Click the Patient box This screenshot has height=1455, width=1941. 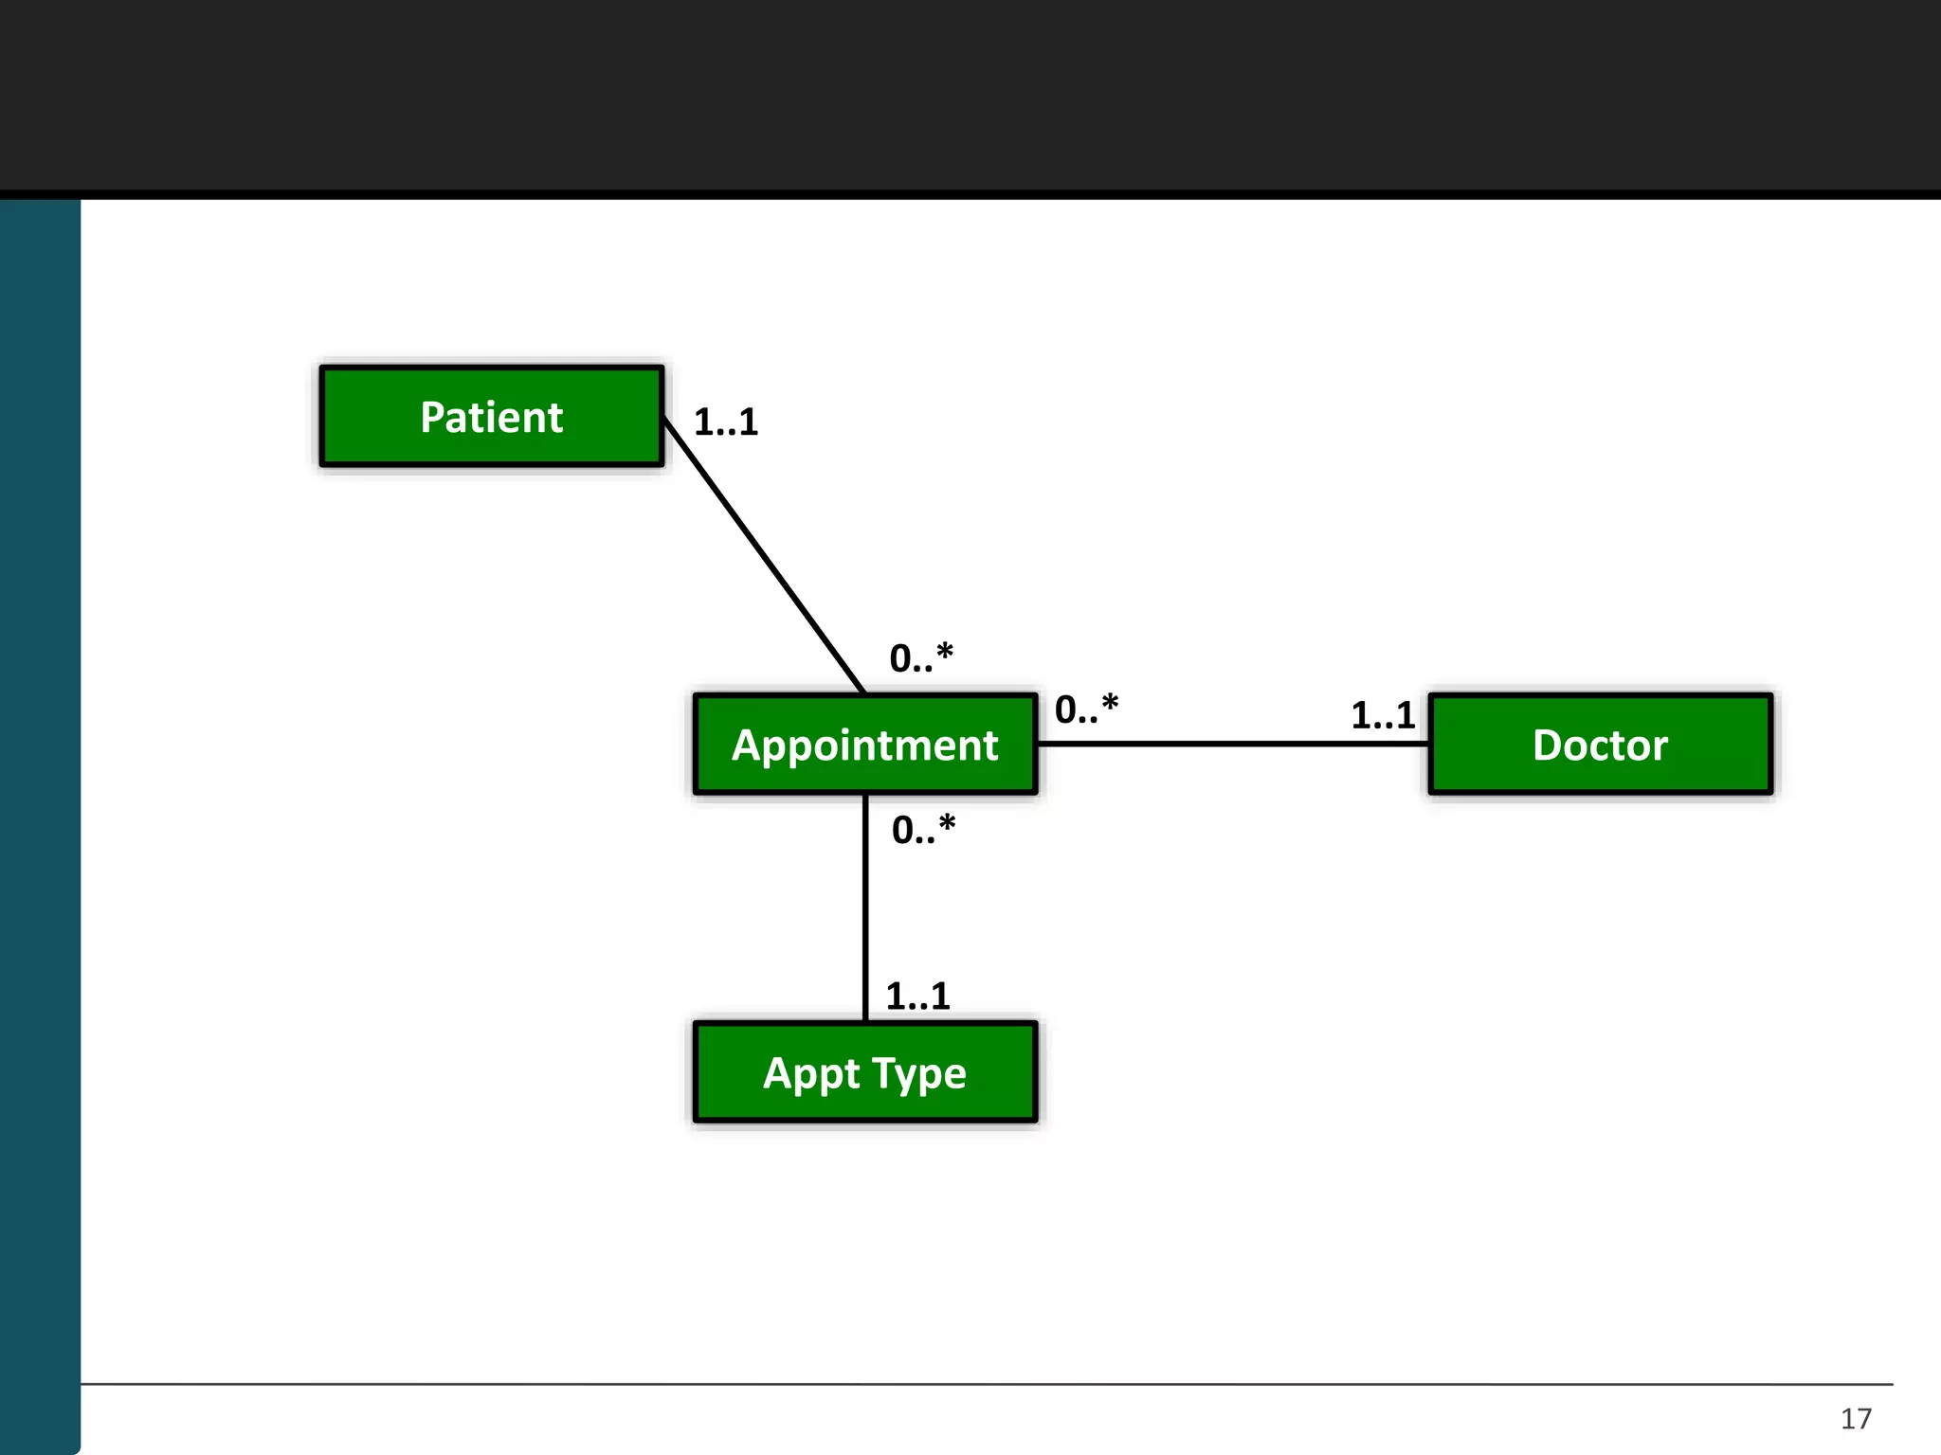click(x=492, y=417)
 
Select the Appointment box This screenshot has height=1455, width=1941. click(x=865, y=745)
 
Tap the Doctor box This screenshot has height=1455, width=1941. click(x=1600, y=745)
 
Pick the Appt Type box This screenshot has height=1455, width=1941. click(x=865, y=1072)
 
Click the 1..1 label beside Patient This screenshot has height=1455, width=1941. click(x=726, y=422)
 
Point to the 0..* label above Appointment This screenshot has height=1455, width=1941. click(x=921, y=657)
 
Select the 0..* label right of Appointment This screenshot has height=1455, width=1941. click(x=1086, y=709)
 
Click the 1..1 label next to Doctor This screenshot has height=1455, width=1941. click(x=1383, y=715)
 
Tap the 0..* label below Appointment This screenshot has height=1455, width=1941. click(x=923, y=830)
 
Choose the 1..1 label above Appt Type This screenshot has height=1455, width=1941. click(x=917, y=996)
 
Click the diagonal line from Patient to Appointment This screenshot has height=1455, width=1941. click(x=764, y=555)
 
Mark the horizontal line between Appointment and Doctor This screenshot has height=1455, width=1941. click(x=1232, y=744)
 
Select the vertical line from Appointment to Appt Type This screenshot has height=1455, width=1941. click(x=865, y=907)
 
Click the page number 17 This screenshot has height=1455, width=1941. click(x=1856, y=1418)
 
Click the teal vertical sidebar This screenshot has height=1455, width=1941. click(x=40, y=824)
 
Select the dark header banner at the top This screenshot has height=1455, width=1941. click(x=970, y=95)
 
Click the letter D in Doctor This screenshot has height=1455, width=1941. click(x=1549, y=745)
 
